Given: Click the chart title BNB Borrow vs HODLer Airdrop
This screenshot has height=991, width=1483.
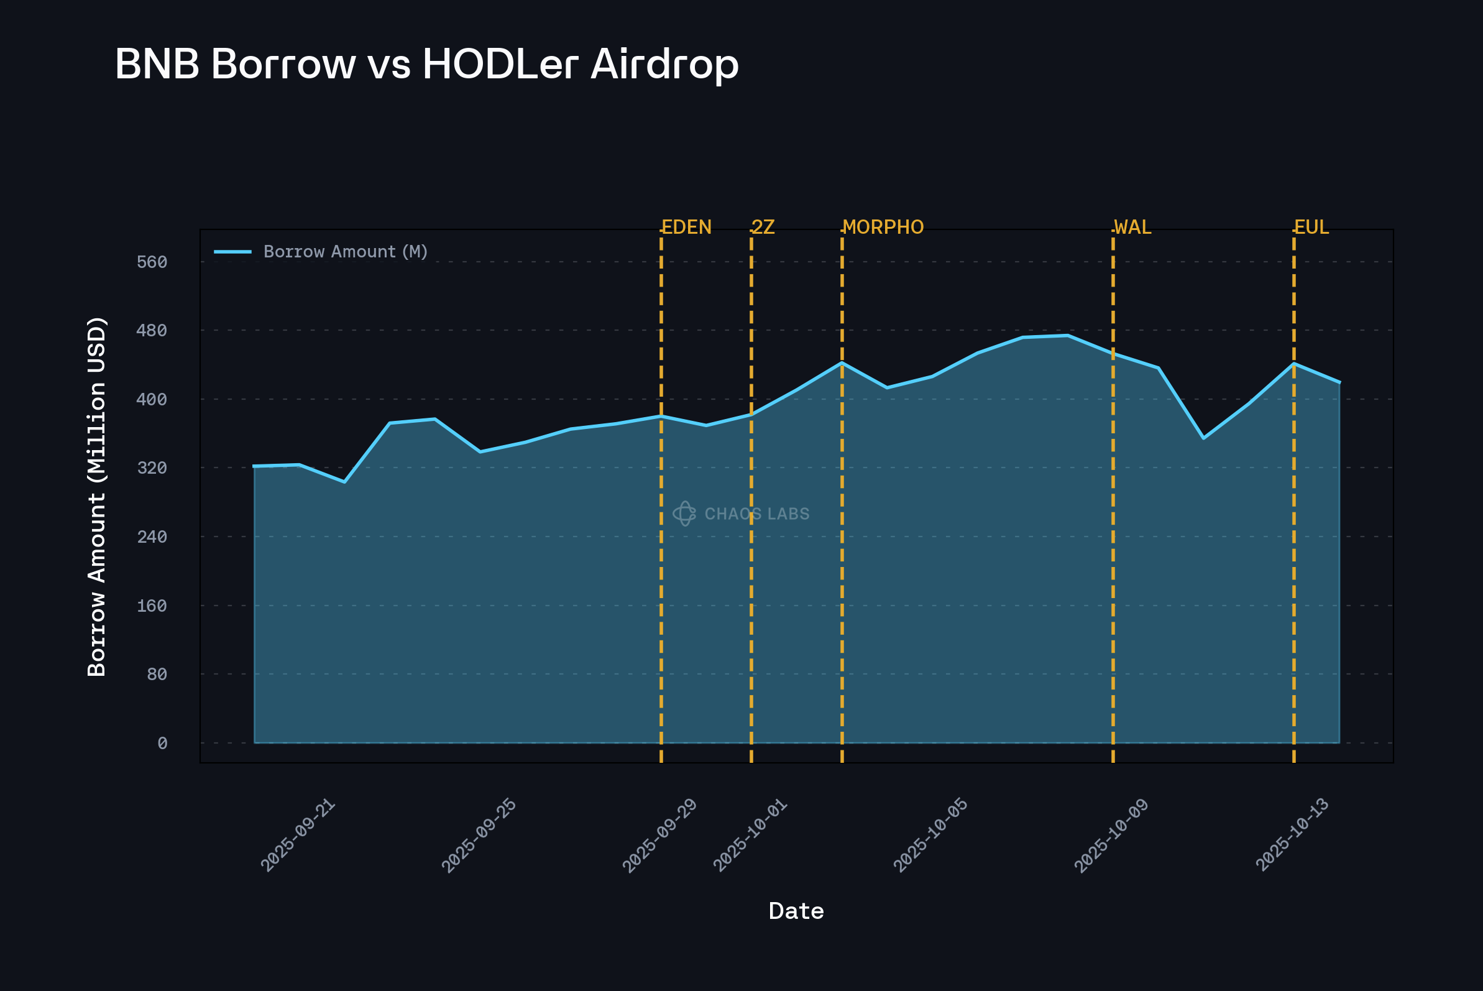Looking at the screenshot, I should click(426, 65).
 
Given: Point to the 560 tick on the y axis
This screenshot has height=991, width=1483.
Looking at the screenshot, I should click(152, 262).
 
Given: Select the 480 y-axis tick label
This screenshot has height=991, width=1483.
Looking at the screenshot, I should click(152, 331).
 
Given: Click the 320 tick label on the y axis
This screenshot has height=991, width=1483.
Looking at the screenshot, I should click(152, 468).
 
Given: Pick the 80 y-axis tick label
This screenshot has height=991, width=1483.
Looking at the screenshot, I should click(157, 675).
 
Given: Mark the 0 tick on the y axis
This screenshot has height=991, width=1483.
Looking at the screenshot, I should click(162, 744).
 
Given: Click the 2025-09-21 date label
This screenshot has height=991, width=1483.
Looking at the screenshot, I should click(298, 836).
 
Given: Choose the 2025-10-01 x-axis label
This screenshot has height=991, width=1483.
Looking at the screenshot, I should click(750, 836).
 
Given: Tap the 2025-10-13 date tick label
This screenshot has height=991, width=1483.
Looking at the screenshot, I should click(1292, 836).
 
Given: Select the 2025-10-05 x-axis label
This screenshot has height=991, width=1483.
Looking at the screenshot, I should click(930, 836).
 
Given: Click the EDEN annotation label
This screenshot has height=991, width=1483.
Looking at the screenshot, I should click(686, 228).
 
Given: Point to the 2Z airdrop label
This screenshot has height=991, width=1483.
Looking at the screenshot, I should click(763, 228).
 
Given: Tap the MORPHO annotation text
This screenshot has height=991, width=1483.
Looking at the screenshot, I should click(883, 228).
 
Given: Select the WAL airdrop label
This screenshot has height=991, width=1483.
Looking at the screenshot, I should click(1133, 228).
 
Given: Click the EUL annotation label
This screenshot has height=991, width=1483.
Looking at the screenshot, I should click(1311, 228).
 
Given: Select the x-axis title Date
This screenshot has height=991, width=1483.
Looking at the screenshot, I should click(796, 911).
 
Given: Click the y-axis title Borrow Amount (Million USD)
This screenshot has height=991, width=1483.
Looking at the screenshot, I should click(97, 497).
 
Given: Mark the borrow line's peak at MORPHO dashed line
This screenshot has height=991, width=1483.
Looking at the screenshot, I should click(842, 363).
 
